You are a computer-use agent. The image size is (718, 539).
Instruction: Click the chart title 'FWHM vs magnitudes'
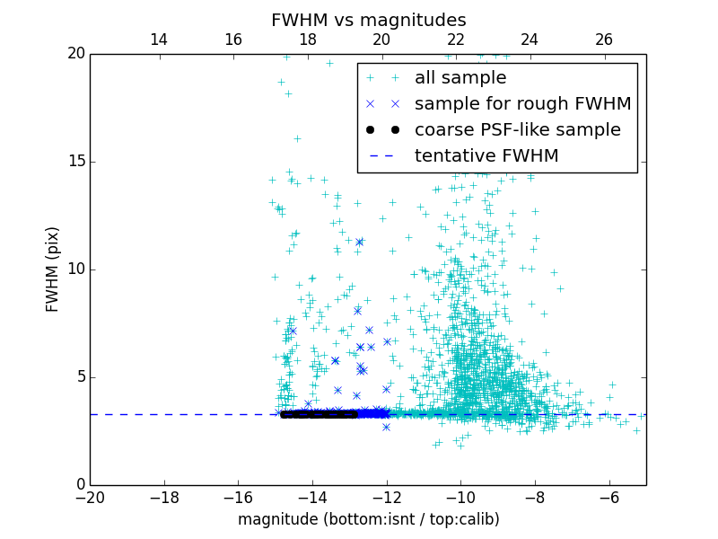click(x=368, y=20)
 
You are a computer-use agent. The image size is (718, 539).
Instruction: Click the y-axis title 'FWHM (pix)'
click(x=53, y=269)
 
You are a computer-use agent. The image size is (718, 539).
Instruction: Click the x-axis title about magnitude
click(x=368, y=519)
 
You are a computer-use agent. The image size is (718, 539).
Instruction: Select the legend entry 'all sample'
click(x=460, y=78)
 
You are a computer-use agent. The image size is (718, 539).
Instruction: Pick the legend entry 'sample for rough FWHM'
click(x=522, y=103)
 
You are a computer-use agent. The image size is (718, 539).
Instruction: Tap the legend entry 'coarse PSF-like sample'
click(x=517, y=129)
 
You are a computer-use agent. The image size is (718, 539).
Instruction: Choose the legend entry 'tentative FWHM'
click(x=486, y=155)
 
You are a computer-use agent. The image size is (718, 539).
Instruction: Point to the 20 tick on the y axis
click(x=74, y=54)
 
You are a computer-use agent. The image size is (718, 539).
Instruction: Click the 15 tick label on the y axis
click(x=74, y=162)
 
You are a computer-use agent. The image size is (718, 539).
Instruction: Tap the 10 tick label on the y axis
click(x=74, y=269)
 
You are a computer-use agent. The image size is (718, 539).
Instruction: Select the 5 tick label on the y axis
click(x=79, y=377)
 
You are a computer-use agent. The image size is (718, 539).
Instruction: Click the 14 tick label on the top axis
click(x=159, y=40)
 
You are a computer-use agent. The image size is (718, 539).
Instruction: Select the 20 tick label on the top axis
click(x=381, y=40)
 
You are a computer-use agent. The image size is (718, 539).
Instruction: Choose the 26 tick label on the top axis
click(x=604, y=40)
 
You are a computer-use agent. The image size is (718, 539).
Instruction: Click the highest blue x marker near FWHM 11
click(x=359, y=242)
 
